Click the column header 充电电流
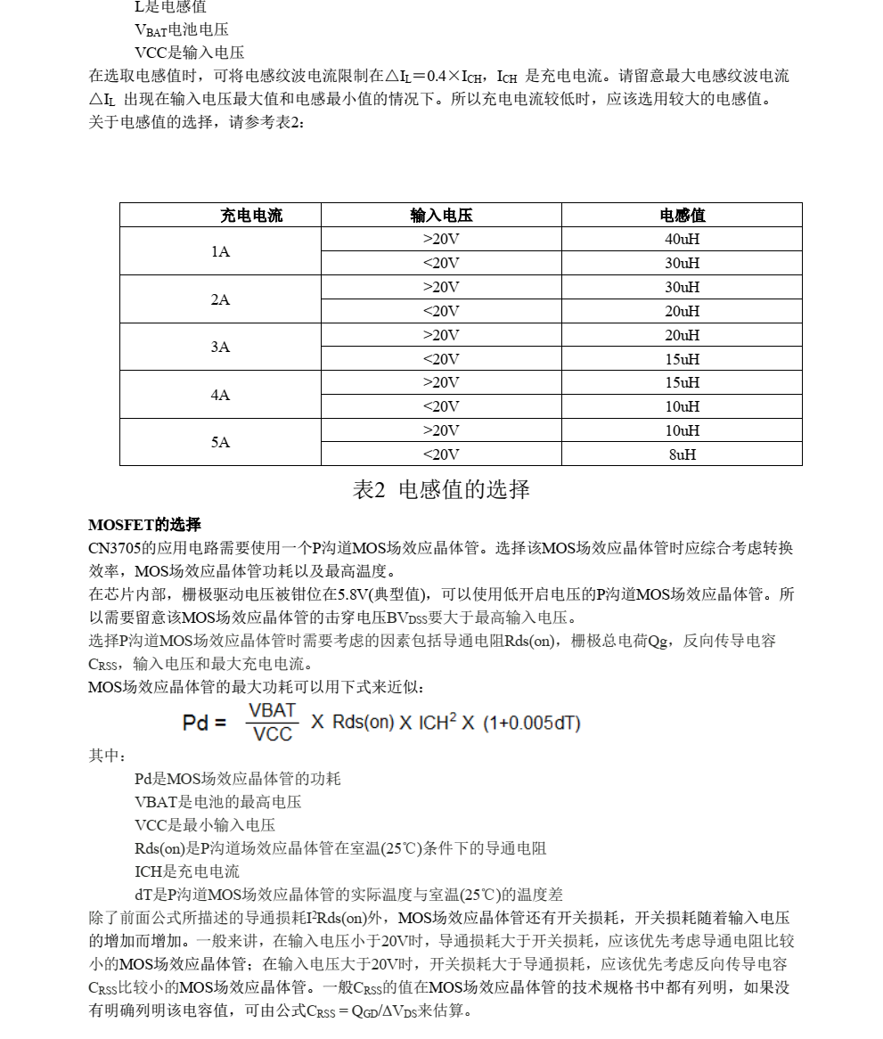tap(251, 216)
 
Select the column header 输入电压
tap(441, 216)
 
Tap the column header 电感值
tap(683, 216)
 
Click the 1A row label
tap(220, 252)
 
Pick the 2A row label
tap(220, 300)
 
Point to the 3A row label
tap(220, 348)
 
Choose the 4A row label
tap(220, 395)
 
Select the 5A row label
tap(220, 443)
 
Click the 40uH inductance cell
tap(683, 240)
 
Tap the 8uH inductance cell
tap(683, 454)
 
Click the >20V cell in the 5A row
tap(441, 430)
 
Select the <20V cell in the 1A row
tap(441, 264)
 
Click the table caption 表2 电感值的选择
tap(441, 490)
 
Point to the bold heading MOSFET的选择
tap(144, 525)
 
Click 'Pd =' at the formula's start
tap(204, 723)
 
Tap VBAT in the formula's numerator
tap(273, 711)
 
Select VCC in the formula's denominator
tap(273, 734)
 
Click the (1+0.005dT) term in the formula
tap(532, 723)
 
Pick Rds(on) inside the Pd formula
tap(364, 723)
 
